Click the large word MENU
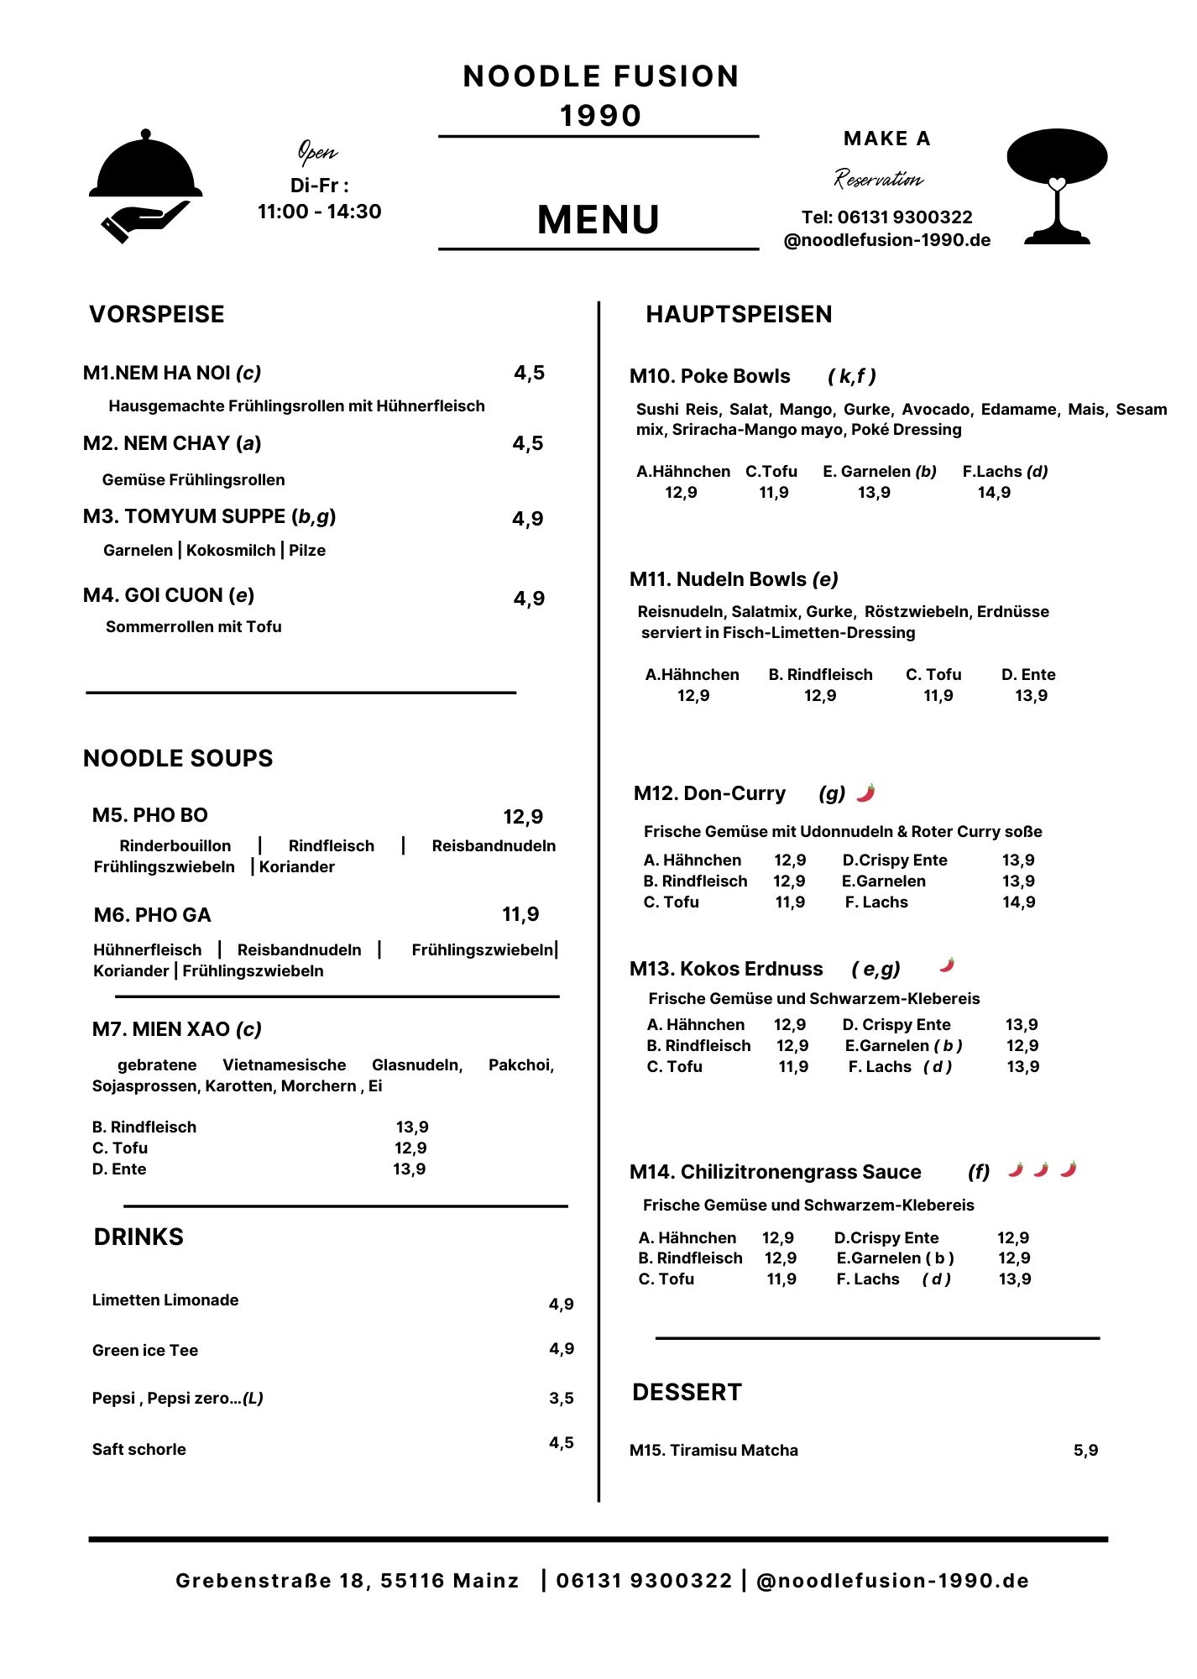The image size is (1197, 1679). (598, 220)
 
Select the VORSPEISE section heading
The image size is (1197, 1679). (157, 315)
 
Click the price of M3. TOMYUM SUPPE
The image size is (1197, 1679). (528, 519)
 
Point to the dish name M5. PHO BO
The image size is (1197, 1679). (150, 815)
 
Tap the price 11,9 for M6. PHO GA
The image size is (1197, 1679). (520, 914)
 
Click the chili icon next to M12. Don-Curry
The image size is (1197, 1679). (865, 792)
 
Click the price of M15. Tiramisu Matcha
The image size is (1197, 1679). (1085, 1451)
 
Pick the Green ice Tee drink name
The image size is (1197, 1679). (145, 1350)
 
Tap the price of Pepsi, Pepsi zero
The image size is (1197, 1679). (562, 1399)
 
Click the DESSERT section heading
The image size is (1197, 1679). (687, 1393)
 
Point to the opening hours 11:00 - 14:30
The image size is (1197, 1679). (319, 212)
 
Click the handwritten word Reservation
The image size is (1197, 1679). (878, 179)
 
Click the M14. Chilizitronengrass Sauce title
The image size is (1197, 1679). (775, 1172)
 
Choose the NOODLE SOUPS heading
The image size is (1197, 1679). (178, 759)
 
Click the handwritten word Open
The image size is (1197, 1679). (317, 152)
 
